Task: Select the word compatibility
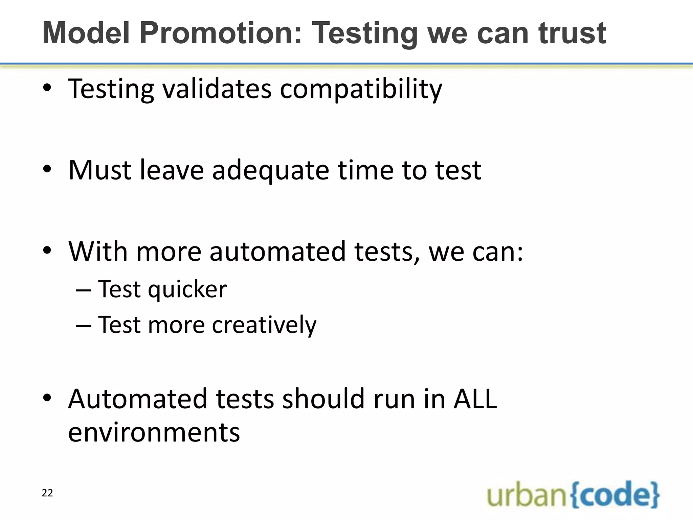(x=361, y=89)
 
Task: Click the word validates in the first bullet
(x=217, y=89)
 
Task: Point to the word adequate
(x=271, y=170)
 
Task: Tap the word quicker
(x=187, y=290)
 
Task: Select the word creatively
(x=264, y=325)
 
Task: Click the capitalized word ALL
(x=475, y=399)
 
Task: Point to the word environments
(x=154, y=433)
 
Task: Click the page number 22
(x=47, y=493)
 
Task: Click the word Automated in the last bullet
(x=137, y=399)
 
